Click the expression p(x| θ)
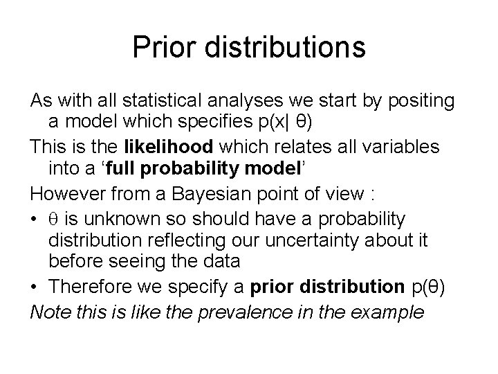[267, 123]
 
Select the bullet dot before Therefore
[35, 285]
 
